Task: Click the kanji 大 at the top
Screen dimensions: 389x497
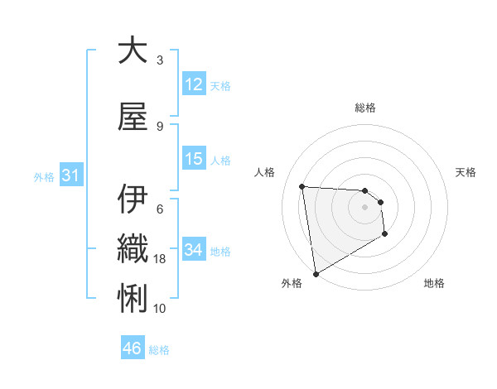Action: coord(132,51)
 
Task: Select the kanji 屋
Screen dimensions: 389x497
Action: coord(132,117)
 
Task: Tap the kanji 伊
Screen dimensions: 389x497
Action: coord(132,199)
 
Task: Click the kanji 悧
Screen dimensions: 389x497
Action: coord(132,295)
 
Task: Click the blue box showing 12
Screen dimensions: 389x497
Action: coord(194,84)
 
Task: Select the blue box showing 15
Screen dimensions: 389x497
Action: coord(194,159)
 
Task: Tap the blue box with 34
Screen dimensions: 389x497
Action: coord(194,250)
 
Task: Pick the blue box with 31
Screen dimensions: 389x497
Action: coord(70,175)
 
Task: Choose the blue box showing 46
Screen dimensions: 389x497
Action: coord(133,348)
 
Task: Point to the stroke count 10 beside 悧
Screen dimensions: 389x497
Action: coord(160,308)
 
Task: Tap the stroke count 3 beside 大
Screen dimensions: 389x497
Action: coord(160,60)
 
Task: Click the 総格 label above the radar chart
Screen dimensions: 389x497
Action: coord(364,108)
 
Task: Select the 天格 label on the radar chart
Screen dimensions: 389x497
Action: coord(466,172)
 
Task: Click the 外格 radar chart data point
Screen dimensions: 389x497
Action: coord(315,273)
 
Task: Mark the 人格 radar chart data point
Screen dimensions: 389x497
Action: coord(302,186)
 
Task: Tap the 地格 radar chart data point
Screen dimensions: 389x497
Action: coord(385,235)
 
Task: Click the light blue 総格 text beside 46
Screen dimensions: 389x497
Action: coord(159,350)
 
